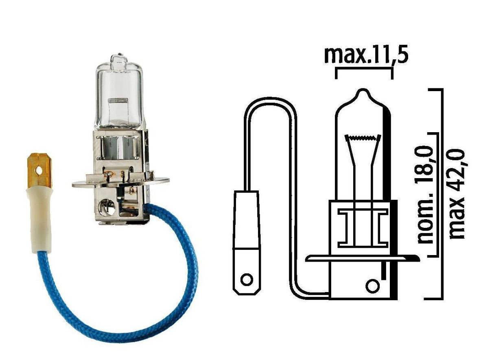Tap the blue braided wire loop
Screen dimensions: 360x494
122,321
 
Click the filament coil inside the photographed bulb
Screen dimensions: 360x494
118,100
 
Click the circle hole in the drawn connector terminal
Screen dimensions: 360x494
246,279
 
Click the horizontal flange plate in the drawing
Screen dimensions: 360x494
358,258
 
